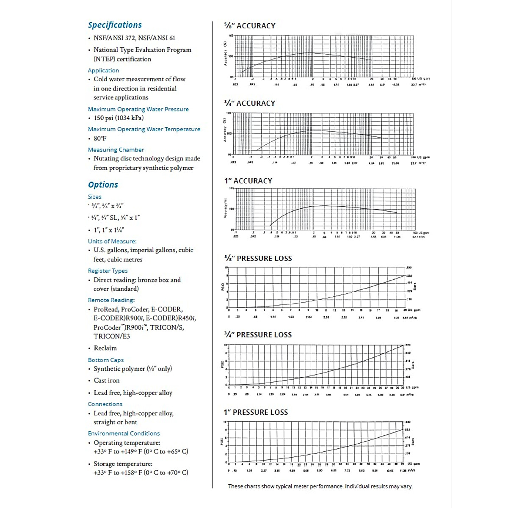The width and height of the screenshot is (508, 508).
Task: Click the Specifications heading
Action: click(x=115, y=25)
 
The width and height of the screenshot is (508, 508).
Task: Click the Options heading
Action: click(x=103, y=185)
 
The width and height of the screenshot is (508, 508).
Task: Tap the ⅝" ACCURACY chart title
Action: click(x=250, y=26)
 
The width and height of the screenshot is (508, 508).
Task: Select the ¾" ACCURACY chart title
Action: click(x=250, y=103)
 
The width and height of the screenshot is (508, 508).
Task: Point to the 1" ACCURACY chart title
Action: click(x=248, y=181)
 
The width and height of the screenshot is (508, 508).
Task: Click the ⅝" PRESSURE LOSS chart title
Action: click(x=258, y=258)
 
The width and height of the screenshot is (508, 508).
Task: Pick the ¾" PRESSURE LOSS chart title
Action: click(x=258, y=335)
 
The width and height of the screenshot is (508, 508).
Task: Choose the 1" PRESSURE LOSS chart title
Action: click(x=256, y=412)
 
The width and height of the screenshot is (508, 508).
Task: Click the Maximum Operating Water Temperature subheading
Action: click(x=144, y=129)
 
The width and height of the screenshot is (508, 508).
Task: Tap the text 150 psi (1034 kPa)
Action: click(x=119, y=118)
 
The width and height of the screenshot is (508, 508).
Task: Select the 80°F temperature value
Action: click(x=100, y=138)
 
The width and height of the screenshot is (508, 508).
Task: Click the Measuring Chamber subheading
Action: click(x=116, y=149)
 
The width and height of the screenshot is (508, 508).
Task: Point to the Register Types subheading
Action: click(x=108, y=271)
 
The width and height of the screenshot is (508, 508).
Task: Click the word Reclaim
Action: click(x=105, y=348)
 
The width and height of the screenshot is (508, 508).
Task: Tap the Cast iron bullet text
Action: click(x=106, y=380)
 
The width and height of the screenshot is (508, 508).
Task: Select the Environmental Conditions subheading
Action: click(x=124, y=433)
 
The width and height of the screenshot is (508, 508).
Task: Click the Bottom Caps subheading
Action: click(x=106, y=360)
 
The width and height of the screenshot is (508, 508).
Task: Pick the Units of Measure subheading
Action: click(x=112, y=241)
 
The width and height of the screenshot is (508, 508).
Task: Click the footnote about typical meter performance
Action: click(x=320, y=486)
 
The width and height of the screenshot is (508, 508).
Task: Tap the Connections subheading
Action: click(x=105, y=404)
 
